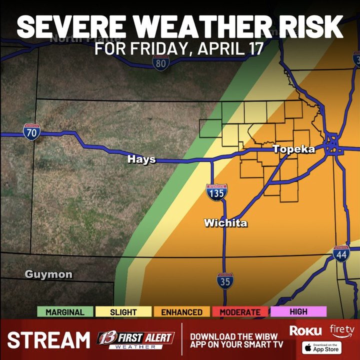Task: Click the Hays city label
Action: tap(141, 159)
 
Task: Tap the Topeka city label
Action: tap(293, 149)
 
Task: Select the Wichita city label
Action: tap(225, 223)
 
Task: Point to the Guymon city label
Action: tap(48, 274)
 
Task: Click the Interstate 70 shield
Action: tap(31, 132)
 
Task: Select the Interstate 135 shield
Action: tap(216, 192)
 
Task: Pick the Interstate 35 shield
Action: tap(224, 280)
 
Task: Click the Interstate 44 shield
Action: tap(341, 254)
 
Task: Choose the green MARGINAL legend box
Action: tap(65, 312)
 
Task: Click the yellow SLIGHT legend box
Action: tap(123, 312)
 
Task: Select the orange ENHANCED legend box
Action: tap(181, 312)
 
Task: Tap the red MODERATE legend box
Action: tap(240, 312)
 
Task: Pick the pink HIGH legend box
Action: tap(298, 311)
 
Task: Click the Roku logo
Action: tap(305, 330)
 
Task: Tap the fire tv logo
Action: tap(342, 330)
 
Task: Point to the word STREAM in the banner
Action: tap(48, 340)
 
